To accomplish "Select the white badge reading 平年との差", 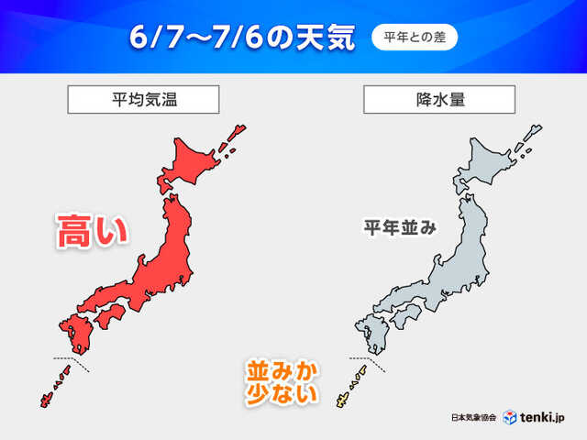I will (414, 38).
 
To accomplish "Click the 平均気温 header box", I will (142, 99).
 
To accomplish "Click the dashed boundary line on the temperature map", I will (74, 361).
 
